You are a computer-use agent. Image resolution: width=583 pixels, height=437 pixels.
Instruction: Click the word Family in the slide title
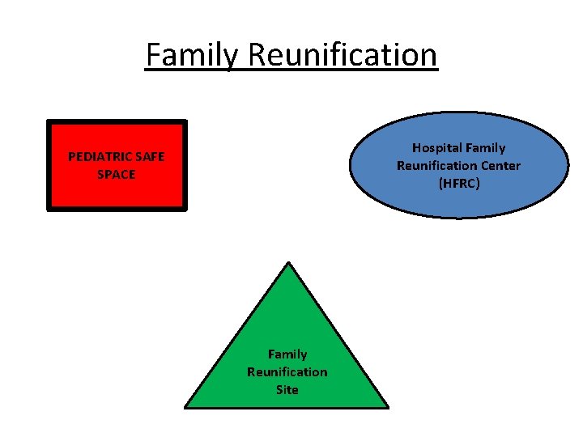coord(192,55)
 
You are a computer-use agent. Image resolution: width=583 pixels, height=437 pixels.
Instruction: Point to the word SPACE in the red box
coord(117,174)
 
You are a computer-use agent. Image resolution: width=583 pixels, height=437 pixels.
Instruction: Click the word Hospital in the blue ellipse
coord(436,148)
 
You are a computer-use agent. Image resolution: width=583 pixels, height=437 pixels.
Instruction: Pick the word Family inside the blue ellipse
coord(485,148)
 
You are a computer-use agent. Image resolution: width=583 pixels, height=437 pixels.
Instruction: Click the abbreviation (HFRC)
coord(459,184)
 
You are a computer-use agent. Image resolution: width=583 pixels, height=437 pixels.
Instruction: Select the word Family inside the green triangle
coord(287,354)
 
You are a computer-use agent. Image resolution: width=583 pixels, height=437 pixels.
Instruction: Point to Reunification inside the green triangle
coord(287,372)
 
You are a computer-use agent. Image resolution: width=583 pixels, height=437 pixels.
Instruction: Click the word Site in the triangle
coord(287,390)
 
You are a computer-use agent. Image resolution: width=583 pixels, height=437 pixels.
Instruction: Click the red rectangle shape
coord(117,194)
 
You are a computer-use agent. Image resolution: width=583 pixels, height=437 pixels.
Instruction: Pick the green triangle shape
coord(287,324)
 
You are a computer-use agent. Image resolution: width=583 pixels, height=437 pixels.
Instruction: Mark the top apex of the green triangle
coord(287,262)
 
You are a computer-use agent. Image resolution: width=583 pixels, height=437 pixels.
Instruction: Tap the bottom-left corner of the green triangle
coord(185,407)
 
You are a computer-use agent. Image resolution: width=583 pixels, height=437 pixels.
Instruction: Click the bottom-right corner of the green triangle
coord(389,407)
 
